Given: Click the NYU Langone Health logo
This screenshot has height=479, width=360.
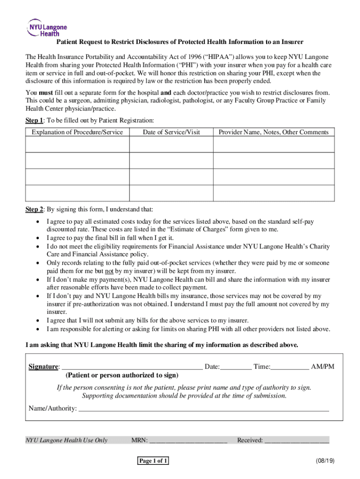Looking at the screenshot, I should pyautogui.click(x=47, y=27).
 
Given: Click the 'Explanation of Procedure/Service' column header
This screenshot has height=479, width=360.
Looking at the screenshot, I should pyautogui.click(x=77, y=132).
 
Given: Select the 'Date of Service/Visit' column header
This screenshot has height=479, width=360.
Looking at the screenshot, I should pyautogui.click(x=171, y=132).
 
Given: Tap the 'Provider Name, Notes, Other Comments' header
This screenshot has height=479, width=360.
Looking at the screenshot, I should pyautogui.click(x=274, y=132).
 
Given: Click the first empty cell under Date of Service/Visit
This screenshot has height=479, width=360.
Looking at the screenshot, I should pyautogui.click(x=171, y=145).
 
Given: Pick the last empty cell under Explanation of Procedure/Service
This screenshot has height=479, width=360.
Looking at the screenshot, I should pyautogui.click(x=77, y=193).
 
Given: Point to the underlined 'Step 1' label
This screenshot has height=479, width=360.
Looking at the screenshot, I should pyautogui.click(x=34, y=121).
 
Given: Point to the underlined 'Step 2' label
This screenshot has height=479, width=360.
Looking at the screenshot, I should pyautogui.click(x=34, y=209).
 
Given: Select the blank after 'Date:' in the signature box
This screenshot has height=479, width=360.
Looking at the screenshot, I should pyautogui.click(x=236, y=367).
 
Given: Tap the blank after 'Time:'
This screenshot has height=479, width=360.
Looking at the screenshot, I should pyautogui.click(x=290, y=367).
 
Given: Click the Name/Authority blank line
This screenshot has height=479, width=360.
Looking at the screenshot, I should pyautogui.click(x=203, y=409).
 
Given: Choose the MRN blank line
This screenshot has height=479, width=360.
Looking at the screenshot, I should pyautogui.click(x=188, y=440).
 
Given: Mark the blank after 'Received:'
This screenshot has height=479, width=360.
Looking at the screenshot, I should pyautogui.click(x=297, y=440).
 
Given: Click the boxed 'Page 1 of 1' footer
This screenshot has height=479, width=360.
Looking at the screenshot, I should pyautogui.click(x=153, y=461).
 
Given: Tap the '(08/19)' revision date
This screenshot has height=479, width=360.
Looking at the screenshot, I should pyautogui.click(x=325, y=461).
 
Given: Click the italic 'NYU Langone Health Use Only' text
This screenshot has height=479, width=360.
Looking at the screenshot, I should pyautogui.click(x=66, y=440).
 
